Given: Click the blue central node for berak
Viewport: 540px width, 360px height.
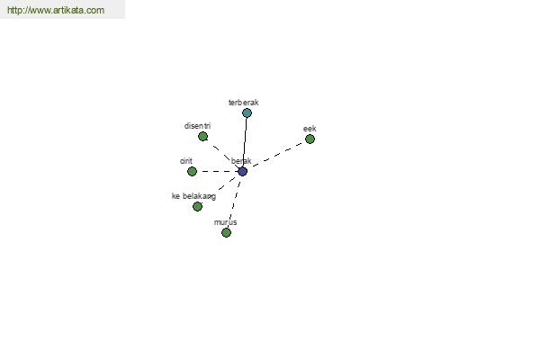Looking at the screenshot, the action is point(242,171).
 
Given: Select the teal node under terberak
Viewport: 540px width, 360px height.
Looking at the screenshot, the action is point(247,113).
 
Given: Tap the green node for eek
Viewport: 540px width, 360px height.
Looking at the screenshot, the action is point(310,139).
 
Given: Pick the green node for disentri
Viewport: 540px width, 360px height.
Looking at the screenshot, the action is point(202,137).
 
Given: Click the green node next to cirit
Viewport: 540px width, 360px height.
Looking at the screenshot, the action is point(192,171).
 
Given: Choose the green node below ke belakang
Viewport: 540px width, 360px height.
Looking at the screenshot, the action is point(197,206).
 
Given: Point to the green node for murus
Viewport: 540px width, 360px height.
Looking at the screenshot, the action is point(226,232).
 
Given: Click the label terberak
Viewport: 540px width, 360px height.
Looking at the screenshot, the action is point(244,103).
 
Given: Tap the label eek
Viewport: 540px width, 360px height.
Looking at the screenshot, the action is point(310,129).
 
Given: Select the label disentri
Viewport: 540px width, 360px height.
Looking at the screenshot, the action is point(197,126).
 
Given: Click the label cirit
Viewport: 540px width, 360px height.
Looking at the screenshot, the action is point(186,161).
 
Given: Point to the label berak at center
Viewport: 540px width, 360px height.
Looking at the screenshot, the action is point(241,161).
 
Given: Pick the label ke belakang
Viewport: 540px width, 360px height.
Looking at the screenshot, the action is point(193,196).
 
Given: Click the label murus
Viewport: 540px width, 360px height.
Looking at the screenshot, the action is point(226,222).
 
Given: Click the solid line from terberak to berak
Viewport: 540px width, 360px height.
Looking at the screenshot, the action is point(245,142).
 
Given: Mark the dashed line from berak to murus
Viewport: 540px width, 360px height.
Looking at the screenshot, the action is point(234,202).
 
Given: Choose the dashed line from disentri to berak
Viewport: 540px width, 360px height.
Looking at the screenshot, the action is point(223,154).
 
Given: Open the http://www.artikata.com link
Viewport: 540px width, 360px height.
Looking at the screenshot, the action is point(56,10).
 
